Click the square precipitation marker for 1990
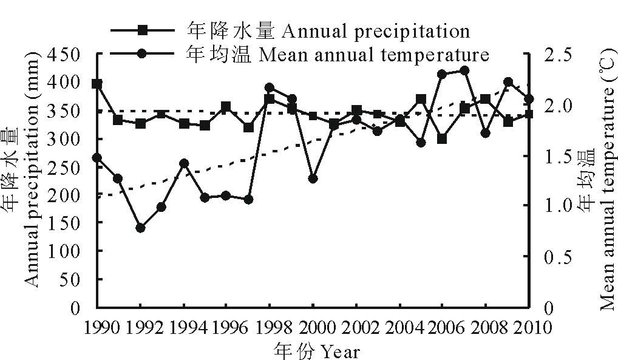(x=97, y=83)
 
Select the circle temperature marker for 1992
(x=140, y=228)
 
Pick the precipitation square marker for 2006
(x=442, y=138)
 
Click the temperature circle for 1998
(x=270, y=88)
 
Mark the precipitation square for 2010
(x=529, y=114)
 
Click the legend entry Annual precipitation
(x=328, y=30)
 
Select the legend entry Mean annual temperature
(x=338, y=54)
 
